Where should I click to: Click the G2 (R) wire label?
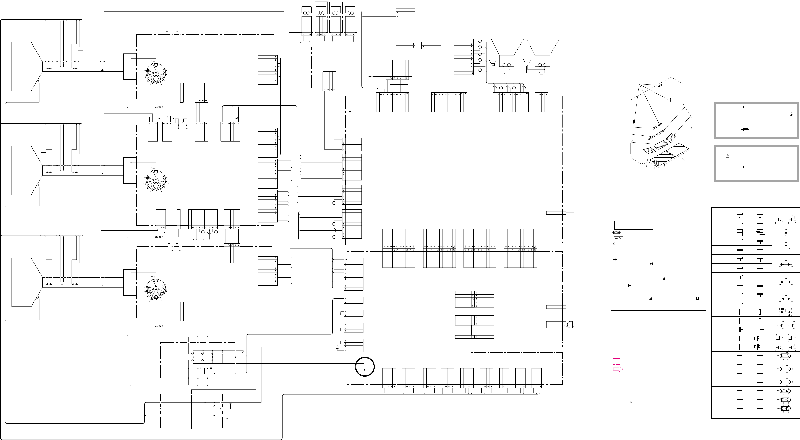(x=159, y=107)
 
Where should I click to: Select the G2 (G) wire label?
(x=159, y=237)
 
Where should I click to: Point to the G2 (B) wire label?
(x=159, y=326)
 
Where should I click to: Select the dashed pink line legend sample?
(x=617, y=364)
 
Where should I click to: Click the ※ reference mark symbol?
(x=631, y=402)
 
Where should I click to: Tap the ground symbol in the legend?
(x=615, y=260)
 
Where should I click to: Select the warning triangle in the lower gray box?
(x=728, y=156)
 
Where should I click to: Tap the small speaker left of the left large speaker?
(x=493, y=63)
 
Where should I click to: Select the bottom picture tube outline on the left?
(x=25, y=282)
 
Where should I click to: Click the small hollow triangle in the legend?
(x=614, y=243)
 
